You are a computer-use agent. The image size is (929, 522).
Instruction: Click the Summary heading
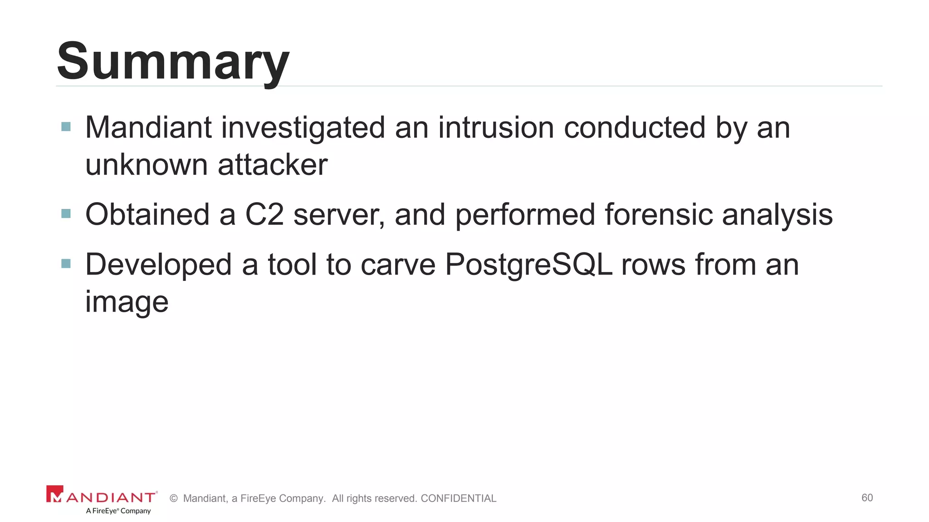(x=173, y=61)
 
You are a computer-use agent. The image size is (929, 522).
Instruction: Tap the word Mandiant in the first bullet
(x=148, y=127)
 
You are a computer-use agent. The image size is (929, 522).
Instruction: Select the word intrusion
(x=496, y=127)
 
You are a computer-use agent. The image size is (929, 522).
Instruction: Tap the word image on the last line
(x=127, y=302)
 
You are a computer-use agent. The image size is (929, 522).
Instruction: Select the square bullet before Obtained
(x=66, y=213)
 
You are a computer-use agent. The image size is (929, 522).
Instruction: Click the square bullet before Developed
(x=66, y=263)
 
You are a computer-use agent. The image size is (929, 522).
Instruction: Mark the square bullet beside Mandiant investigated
(x=66, y=126)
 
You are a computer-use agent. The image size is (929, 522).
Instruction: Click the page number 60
(x=867, y=498)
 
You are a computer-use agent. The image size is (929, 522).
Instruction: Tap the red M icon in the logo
(x=54, y=494)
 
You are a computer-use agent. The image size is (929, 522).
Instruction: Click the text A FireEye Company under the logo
(x=118, y=511)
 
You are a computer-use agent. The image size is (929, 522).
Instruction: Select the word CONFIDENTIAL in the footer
(x=458, y=498)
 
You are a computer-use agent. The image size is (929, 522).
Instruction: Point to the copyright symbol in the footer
(x=173, y=498)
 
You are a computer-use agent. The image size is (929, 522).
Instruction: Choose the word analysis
(x=777, y=214)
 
